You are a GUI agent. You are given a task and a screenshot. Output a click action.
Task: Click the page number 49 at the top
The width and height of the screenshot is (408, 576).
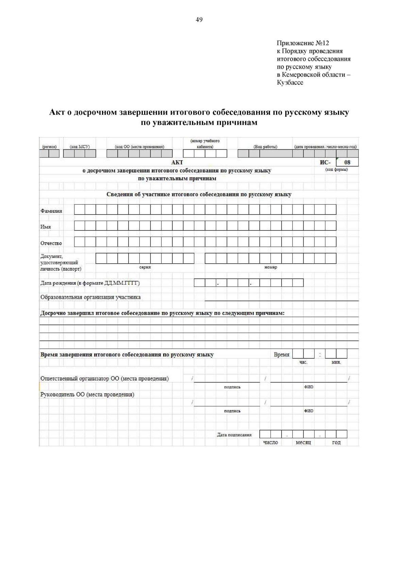click(x=199, y=20)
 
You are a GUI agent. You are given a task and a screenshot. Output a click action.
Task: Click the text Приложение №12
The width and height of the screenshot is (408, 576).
click(x=303, y=43)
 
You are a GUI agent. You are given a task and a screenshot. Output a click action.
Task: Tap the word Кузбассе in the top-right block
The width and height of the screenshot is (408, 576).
click(x=290, y=82)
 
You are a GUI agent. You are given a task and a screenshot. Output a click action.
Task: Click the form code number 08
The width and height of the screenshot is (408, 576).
click(x=347, y=162)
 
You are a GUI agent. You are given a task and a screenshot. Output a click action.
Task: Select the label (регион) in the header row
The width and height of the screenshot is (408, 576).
click(x=49, y=147)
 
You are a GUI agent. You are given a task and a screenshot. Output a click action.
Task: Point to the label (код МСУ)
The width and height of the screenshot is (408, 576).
click(x=80, y=147)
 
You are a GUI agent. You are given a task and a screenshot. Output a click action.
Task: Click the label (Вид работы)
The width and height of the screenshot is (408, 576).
click(x=265, y=147)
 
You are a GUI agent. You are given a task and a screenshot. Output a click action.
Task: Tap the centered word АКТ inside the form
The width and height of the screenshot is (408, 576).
click(x=177, y=163)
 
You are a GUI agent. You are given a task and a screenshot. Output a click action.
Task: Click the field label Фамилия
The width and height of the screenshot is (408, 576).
click(x=51, y=211)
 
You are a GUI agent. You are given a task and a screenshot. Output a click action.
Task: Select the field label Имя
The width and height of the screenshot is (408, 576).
click(x=46, y=227)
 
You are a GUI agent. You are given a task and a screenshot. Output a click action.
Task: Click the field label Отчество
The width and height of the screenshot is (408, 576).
click(x=51, y=243)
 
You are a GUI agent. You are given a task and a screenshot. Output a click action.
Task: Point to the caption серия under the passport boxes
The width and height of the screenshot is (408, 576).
click(x=145, y=267)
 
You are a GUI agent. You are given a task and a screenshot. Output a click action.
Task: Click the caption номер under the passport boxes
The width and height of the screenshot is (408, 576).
click(x=271, y=267)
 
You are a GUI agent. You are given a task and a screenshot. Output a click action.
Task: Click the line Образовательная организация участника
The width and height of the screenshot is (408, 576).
click(x=90, y=297)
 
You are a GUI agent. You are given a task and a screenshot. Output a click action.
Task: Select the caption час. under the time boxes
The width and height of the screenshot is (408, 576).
click(x=303, y=362)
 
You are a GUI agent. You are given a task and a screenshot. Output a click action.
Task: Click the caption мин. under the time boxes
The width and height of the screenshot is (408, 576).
click(x=336, y=362)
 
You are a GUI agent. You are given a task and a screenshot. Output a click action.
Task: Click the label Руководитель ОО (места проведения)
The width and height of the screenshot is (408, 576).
click(x=87, y=394)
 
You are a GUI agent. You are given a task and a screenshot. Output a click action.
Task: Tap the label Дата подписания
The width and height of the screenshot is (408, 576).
click(x=234, y=434)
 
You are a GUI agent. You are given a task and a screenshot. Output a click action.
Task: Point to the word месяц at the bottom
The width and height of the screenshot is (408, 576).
click(x=303, y=443)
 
